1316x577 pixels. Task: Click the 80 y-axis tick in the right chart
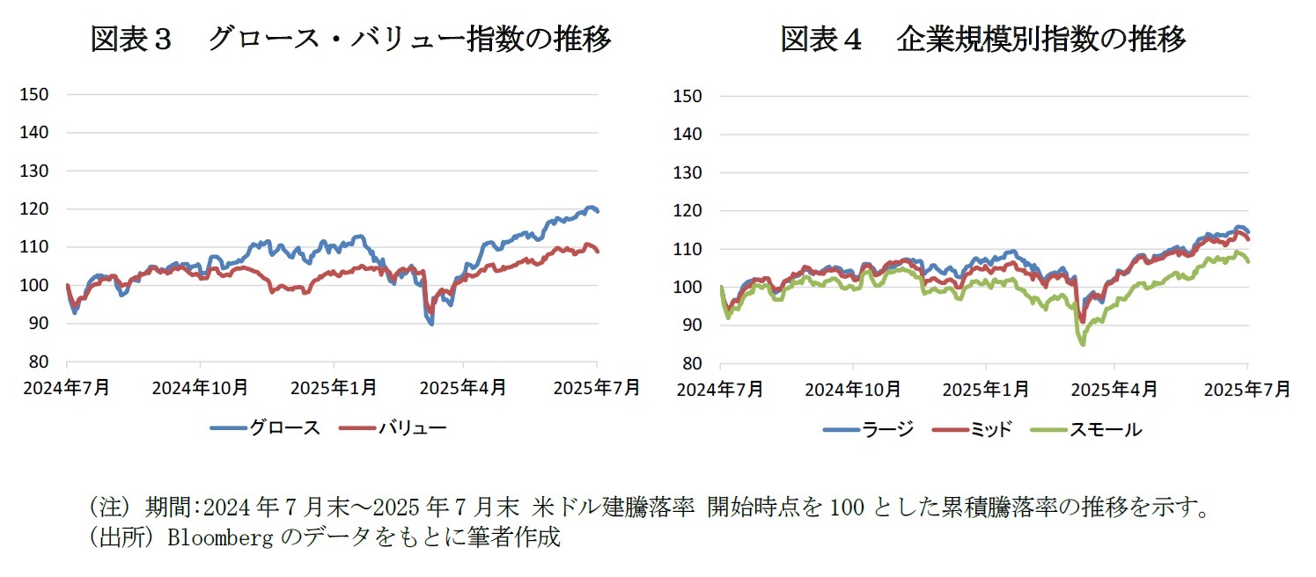click(690, 363)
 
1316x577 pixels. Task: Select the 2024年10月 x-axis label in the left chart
click(200, 388)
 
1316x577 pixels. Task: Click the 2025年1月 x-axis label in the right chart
click(984, 389)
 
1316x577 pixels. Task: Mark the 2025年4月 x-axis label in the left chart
click(464, 388)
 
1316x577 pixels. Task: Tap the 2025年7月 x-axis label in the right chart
click(1248, 389)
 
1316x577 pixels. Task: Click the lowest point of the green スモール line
click(1082, 345)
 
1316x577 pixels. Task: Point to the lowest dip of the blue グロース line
click(431, 324)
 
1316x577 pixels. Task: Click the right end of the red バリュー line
click(598, 252)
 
